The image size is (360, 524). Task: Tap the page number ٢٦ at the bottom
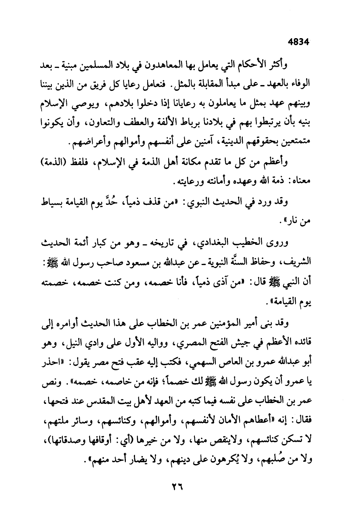click(x=177, y=487)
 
